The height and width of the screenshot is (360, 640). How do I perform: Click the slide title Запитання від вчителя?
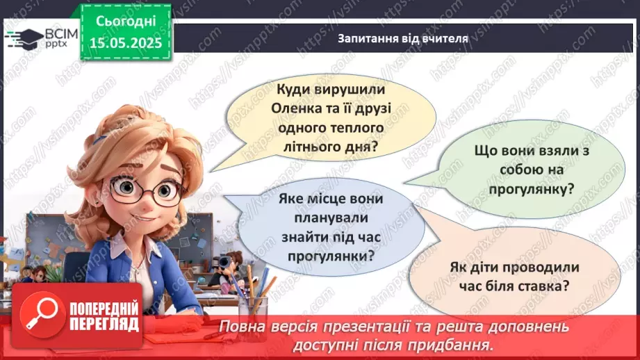click(403, 39)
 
